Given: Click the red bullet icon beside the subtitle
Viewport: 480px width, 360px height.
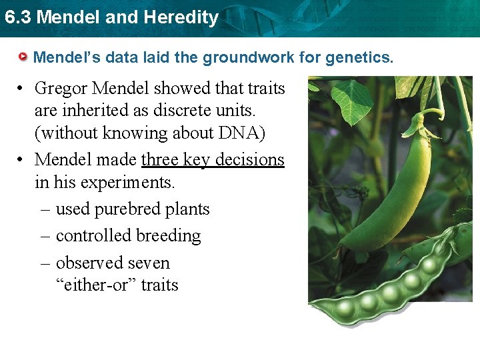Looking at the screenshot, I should click(x=24, y=57).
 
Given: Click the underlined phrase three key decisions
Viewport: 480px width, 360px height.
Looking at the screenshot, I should click(x=213, y=160).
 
